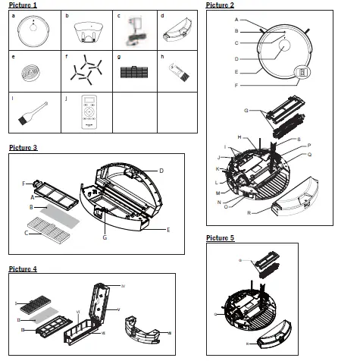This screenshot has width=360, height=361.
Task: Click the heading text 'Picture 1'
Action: (x=23, y=5)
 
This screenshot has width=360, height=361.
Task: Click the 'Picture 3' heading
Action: (x=23, y=146)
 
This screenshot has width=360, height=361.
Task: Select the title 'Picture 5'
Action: (x=220, y=238)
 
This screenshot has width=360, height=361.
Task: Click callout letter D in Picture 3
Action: (x=161, y=169)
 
